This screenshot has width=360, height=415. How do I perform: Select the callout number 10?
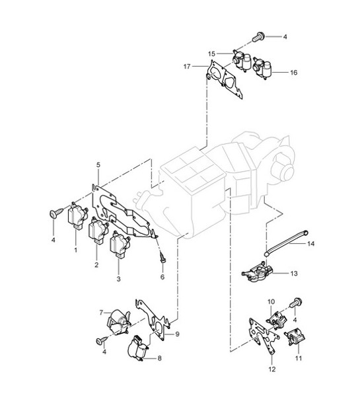(x=271, y=303)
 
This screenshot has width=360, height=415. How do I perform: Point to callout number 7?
(x=102, y=312)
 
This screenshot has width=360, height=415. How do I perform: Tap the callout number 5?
(x=98, y=163)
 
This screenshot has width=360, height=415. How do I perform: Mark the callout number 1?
(x=75, y=251)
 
